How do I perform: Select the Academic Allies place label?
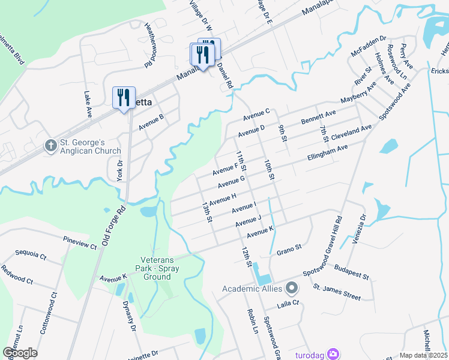coord(252,289)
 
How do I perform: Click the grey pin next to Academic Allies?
coord(292,289)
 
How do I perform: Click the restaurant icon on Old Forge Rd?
coord(124,97)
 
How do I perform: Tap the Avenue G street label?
coord(232,181)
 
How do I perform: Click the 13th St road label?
coord(207,212)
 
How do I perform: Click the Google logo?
coord(20,353)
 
